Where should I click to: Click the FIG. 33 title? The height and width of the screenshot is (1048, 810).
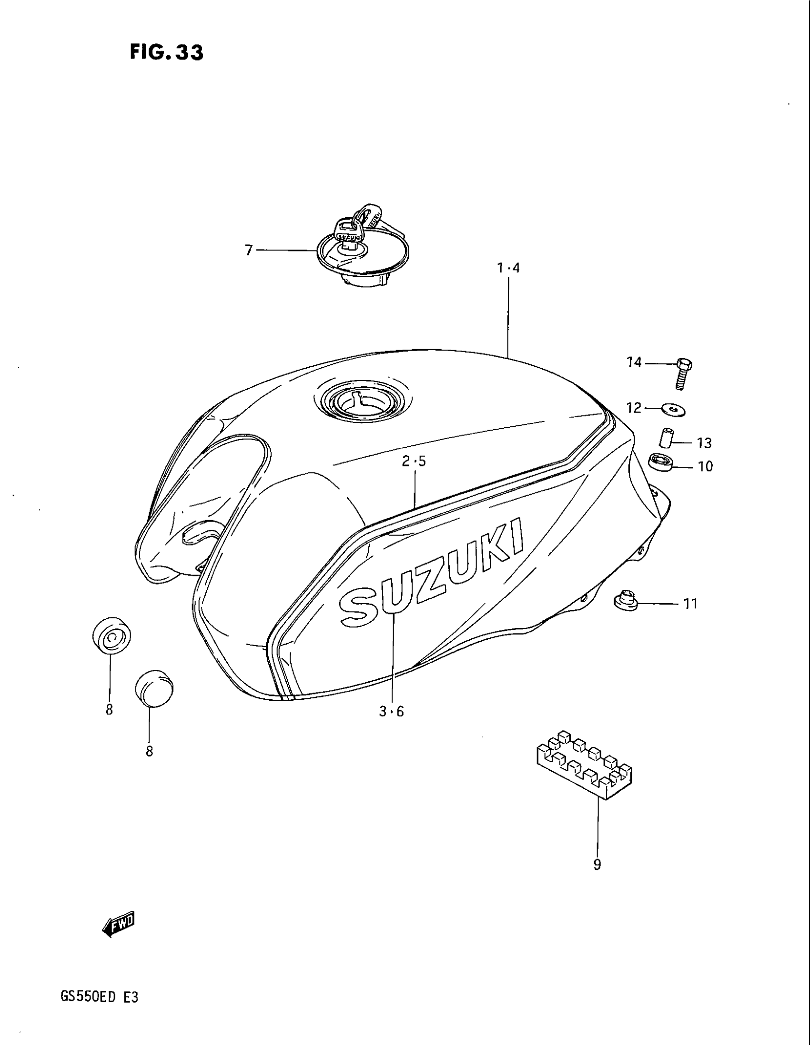[166, 53]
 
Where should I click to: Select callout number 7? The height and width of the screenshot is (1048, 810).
[249, 250]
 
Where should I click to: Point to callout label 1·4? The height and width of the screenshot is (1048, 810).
[508, 268]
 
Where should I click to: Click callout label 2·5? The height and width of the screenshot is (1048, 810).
[414, 462]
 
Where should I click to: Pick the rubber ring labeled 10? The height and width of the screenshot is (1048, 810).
[661, 463]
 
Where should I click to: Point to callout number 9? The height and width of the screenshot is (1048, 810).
[597, 865]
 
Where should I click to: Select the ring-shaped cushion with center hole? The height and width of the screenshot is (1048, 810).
[111, 636]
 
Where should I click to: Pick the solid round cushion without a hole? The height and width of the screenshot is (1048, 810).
[153, 689]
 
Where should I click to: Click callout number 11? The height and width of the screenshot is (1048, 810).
[690, 603]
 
